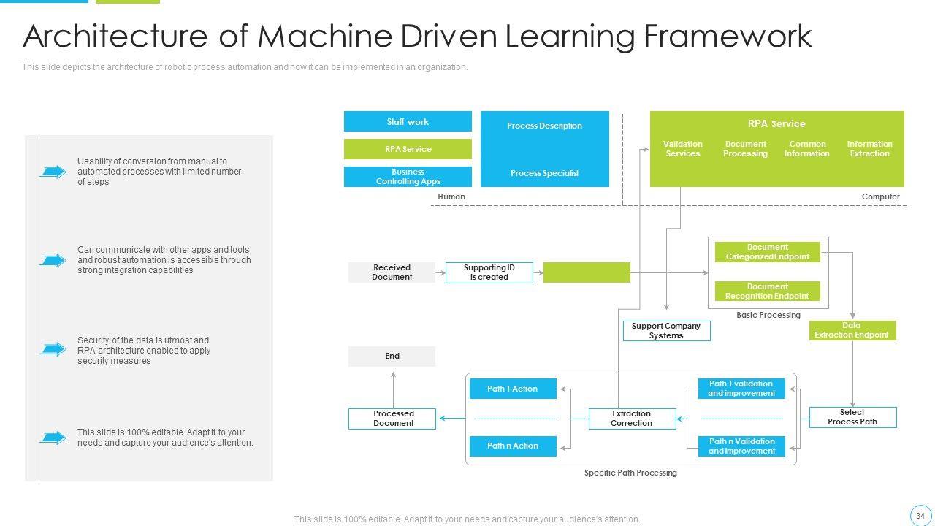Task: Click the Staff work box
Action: coord(408,122)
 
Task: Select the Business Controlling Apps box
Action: coord(408,177)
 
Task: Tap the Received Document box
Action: coord(392,272)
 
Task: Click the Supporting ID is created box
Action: coord(489,272)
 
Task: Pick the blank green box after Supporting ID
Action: coord(587,272)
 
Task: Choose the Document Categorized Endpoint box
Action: coord(767,252)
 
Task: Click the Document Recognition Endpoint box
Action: coord(767,291)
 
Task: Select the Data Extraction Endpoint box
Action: coord(852,330)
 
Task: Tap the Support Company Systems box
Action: coord(665,331)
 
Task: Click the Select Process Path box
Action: coord(852,417)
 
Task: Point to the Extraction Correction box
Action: coord(631,419)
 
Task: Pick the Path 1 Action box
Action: coord(512,389)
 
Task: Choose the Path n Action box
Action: coord(512,446)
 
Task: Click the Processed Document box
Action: coord(393,419)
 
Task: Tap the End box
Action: coord(392,357)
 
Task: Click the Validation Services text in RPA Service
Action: coord(682,149)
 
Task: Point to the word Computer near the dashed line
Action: coord(880,197)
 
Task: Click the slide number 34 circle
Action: coord(920,516)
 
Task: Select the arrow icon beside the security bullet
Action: coord(53,349)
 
